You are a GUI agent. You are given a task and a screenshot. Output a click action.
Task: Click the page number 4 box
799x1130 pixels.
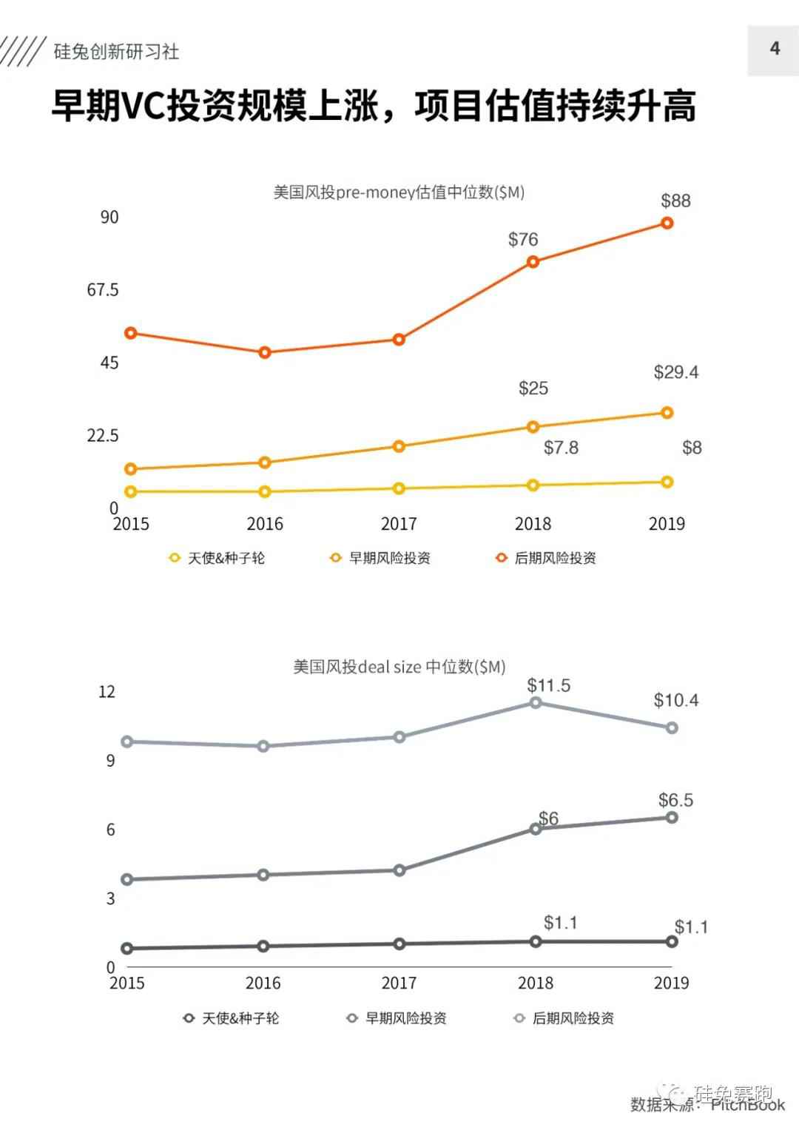[x=773, y=50]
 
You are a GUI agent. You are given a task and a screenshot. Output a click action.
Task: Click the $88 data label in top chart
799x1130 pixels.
[x=675, y=201]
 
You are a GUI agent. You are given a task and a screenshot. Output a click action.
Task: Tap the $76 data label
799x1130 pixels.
[x=523, y=239]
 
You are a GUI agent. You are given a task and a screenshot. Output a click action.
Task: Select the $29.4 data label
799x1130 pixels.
[x=675, y=372]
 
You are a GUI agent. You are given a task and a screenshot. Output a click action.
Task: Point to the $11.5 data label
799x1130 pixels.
[x=548, y=685]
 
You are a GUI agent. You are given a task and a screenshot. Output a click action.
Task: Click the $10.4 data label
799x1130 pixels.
[x=675, y=700]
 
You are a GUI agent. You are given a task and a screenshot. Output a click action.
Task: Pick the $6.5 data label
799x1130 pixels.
[x=675, y=800]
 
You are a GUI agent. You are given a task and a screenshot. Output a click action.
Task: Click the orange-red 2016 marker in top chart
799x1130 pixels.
[x=265, y=352]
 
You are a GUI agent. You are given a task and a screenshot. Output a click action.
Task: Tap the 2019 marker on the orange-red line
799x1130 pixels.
[x=667, y=223]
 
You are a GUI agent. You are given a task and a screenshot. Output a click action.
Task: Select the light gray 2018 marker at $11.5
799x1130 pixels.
[x=536, y=702]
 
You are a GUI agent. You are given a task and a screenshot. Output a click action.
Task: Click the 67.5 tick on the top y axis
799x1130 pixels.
[x=103, y=289]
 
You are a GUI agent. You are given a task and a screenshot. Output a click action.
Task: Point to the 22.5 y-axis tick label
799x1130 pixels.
[x=103, y=435]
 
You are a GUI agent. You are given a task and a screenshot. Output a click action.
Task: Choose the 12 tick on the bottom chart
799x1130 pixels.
[x=107, y=691]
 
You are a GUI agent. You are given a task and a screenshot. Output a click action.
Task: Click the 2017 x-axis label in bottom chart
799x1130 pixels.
[x=399, y=983]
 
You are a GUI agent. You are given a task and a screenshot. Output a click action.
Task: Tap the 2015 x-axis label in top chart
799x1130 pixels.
[x=131, y=524]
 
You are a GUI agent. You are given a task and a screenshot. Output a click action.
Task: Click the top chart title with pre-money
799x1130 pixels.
[x=399, y=192]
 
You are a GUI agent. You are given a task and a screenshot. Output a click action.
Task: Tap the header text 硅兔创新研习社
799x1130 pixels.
[x=116, y=51]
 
